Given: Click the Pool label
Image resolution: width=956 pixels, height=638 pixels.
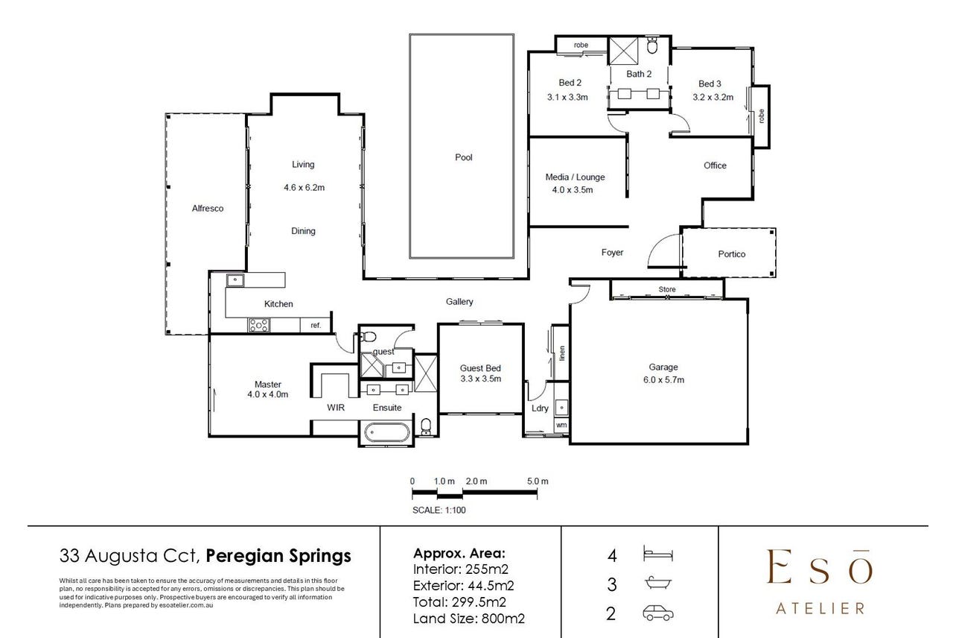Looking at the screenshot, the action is click(x=464, y=157).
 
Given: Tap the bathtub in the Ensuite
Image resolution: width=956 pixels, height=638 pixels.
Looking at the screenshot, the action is click(x=387, y=432).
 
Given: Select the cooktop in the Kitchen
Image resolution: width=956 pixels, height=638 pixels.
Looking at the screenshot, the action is click(x=259, y=325).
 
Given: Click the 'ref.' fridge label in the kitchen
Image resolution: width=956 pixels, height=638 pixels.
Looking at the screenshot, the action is click(x=316, y=325).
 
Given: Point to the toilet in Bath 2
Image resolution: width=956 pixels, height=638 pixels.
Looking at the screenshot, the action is click(x=651, y=45).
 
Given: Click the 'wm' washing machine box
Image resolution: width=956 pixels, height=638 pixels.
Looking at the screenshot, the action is click(x=561, y=425).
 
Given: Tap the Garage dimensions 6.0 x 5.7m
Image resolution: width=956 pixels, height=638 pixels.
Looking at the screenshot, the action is click(x=663, y=380).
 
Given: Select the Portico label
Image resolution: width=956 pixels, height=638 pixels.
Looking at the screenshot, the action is click(x=731, y=254).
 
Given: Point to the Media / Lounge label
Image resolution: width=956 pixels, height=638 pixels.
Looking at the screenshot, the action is click(x=575, y=177).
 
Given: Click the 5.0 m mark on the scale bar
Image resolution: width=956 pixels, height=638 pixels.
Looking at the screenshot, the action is click(x=538, y=481).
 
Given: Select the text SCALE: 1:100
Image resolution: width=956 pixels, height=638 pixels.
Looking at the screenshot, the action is click(x=439, y=510).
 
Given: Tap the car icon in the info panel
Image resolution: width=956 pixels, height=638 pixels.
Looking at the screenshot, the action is click(x=657, y=613).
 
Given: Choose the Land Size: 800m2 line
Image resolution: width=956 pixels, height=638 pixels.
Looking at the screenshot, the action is click(x=468, y=619).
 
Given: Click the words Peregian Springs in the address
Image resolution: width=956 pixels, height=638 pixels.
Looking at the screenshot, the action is click(x=278, y=556).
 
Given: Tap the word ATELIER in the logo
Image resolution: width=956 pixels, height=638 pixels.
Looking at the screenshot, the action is click(x=820, y=608).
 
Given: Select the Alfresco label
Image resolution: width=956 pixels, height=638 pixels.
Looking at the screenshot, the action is click(x=208, y=209).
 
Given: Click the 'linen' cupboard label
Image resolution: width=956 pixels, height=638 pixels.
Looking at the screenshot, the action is click(x=562, y=353).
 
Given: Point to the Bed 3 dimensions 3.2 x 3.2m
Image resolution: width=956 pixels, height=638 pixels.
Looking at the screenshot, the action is click(x=713, y=98).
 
